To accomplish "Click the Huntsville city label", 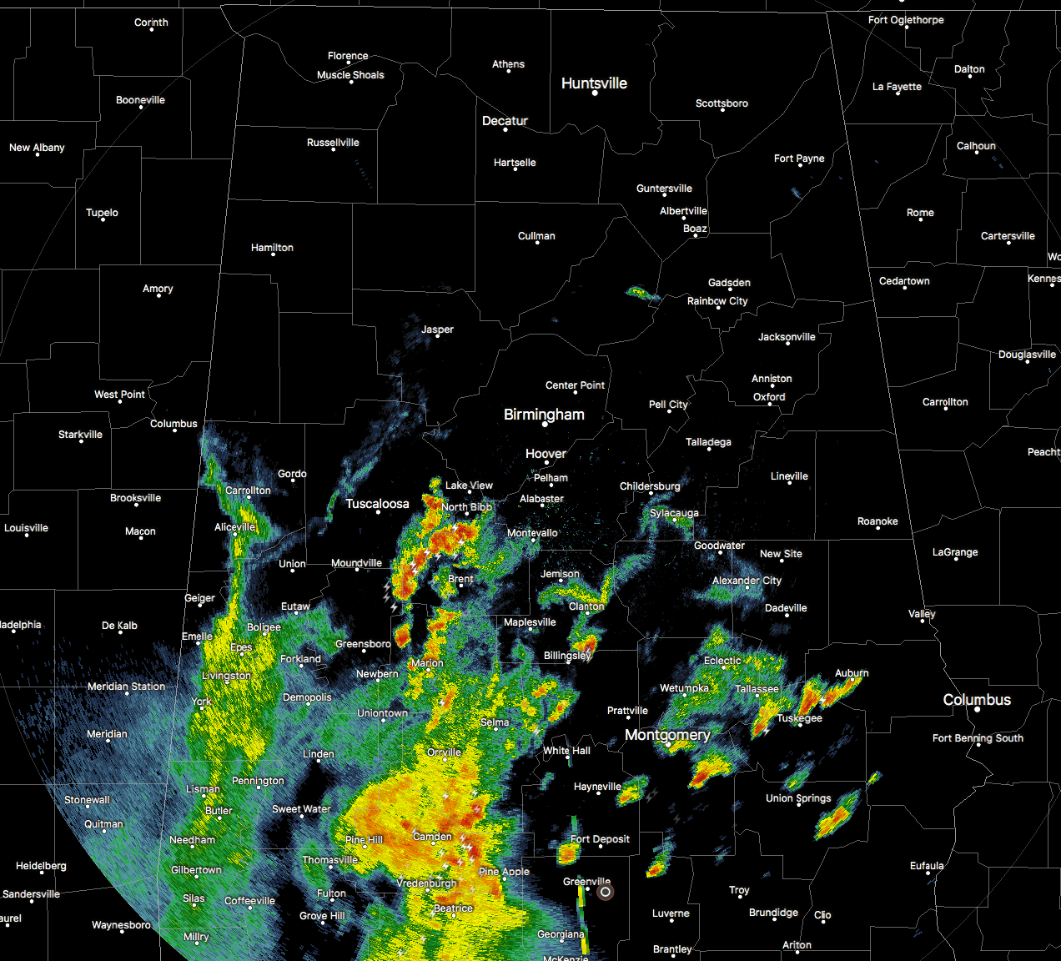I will (594, 83).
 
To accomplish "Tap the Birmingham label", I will (544, 415).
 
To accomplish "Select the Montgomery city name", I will (667, 735).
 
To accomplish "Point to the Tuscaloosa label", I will (377, 504).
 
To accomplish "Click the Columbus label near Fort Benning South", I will (977, 700).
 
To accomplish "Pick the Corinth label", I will (151, 23).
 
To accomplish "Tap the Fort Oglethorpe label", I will (906, 20).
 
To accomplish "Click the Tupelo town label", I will (102, 213).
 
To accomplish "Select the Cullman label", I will (536, 236).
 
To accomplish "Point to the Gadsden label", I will (729, 283).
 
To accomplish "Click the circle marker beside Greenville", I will (606, 892).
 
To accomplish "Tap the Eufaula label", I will (927, 866).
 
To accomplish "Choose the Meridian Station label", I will (126, 687).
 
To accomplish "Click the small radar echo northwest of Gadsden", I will (638, 292).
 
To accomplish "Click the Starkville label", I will (80, 435).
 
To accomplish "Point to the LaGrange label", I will (955, 552).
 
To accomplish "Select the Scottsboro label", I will (722, 103).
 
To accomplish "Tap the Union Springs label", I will (798, 798).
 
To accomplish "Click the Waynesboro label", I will (121, 925).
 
